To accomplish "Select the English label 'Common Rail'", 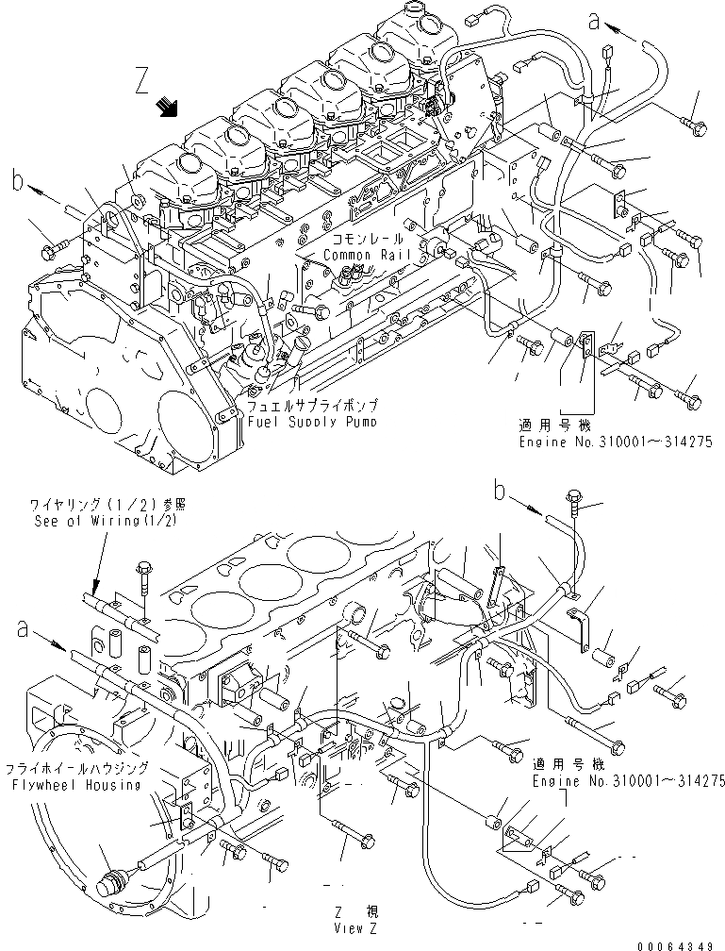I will tap(362, 256).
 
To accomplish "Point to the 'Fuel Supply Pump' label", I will tap(312, 422).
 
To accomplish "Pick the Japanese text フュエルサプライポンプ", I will tap(312, 408).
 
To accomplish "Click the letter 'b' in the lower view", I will tap(503, 490).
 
